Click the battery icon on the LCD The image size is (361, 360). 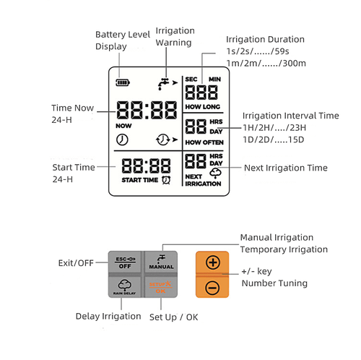(118, 82)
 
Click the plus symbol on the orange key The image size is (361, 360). (213, 263)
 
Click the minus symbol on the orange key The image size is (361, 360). (213, 287)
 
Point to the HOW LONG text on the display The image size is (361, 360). (203, 106)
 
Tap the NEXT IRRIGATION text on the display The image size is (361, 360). (203, 181)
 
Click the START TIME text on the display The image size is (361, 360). (141, 179)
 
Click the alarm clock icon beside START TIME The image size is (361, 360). (167, 179)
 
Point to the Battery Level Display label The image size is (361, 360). (121, 40)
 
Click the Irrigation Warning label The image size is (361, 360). (174, 37)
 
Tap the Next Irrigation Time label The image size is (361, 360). (286, 168)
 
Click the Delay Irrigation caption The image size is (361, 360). (108, 316)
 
